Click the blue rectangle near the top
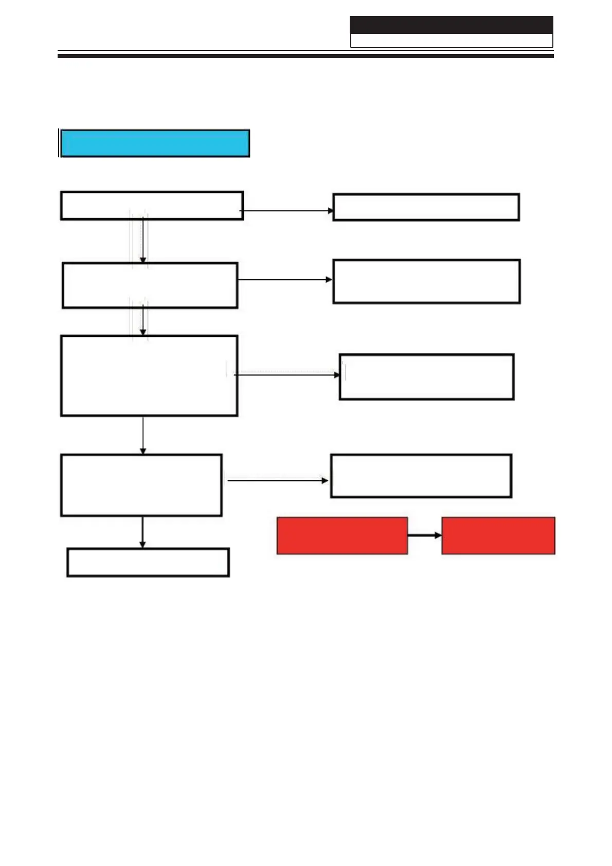(x=155, y=143)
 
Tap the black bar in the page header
(x=451, y=25)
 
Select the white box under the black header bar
(x=451, y=41)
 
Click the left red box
(x=342, y=535)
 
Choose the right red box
(x=498, y=535)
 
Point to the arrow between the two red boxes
(x=424, y=535)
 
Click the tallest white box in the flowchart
(x=149, y=375)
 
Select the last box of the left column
(x=148, y=562)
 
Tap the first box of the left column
(x=152, y=206)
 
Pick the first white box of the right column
(x=426, y=207)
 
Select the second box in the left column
(x=150, y=285)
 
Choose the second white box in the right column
(x=426, y=281)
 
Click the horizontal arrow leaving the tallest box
(x=287, y=375)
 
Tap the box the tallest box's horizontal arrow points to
(x=426, y=376)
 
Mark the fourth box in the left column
(x=141, y=485)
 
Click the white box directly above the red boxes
(x=421, y=476)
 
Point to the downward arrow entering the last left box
(x=142, y=532)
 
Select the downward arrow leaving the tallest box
(x=143, y=435)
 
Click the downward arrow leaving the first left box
(x=143, y=241)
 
